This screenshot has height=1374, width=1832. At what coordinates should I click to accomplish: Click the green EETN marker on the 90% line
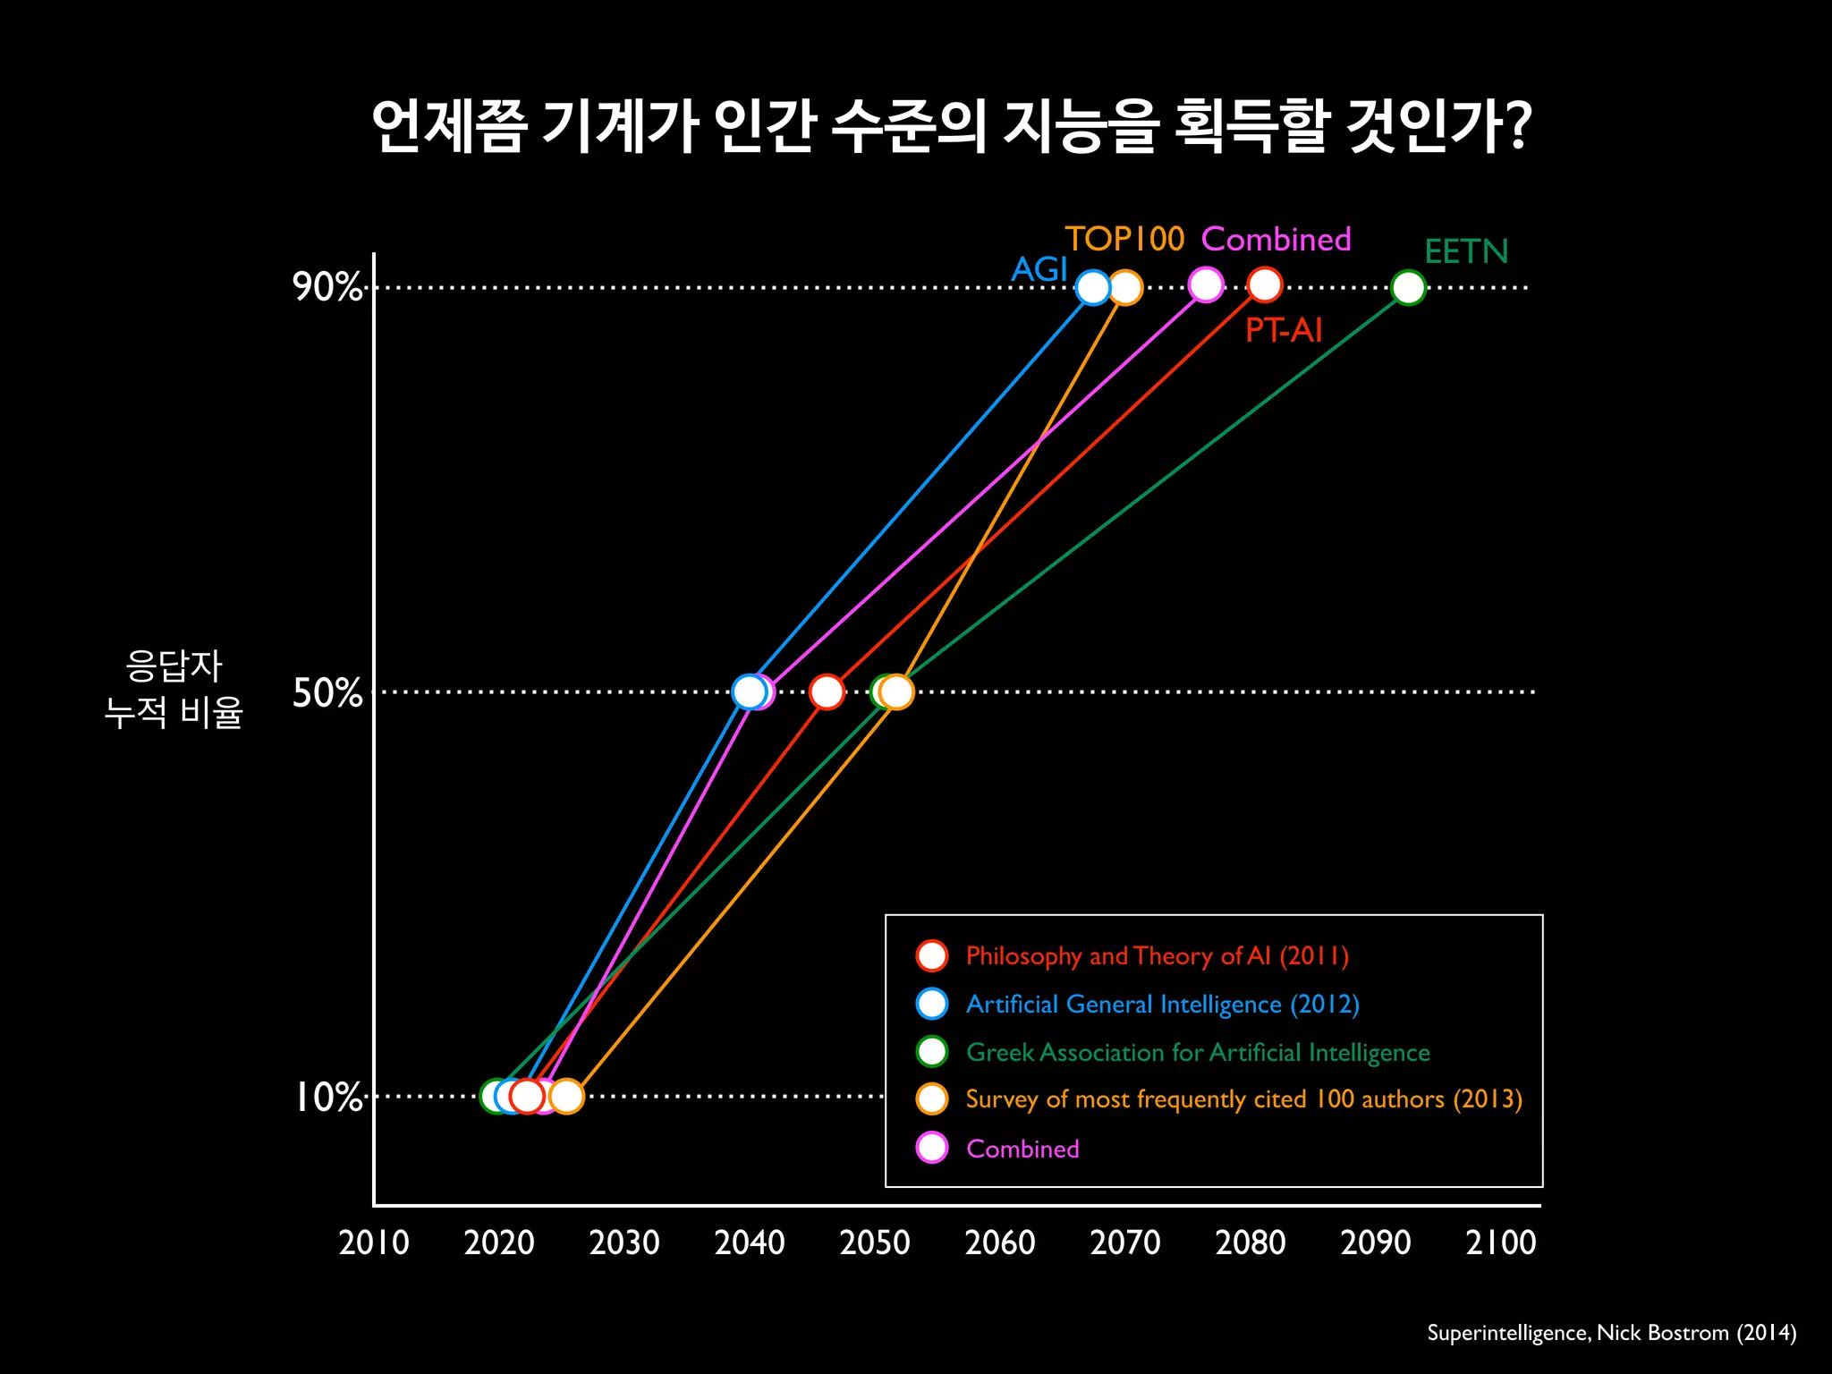pos(1408,288)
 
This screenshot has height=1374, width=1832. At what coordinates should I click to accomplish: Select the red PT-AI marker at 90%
pos(1264,285)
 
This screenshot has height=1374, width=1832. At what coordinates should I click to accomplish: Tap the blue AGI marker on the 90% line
pos(1093,288)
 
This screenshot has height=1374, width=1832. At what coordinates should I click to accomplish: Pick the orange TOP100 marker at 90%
pos(1125,288)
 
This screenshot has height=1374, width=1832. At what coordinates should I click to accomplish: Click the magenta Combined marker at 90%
pos(1206,285)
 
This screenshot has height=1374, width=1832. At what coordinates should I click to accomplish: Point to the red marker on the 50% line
pos(827,691)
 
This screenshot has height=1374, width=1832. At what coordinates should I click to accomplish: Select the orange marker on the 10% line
pos(566,1096)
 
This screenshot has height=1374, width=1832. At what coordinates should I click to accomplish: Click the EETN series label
pos(1465,252)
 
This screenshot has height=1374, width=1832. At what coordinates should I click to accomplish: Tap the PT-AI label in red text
pos(1283,331)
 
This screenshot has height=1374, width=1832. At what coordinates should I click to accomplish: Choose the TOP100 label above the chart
pos(1124,239)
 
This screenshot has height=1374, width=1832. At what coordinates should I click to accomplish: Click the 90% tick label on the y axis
pos(327,287)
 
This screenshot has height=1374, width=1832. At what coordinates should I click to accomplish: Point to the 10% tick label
pos(328,1097)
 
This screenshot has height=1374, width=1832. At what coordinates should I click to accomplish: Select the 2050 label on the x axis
pos(874,1243)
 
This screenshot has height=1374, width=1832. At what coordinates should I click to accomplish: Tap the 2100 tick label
pos(1500,1243)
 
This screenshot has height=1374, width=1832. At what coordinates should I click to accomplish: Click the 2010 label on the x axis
pos(374,1243)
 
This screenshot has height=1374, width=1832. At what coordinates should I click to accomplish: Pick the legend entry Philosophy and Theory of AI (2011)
pos(1157,956)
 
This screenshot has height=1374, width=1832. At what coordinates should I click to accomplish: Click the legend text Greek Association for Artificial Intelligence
pos(1198,1053)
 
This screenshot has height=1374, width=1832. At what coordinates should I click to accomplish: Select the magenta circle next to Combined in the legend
pos(932,1148)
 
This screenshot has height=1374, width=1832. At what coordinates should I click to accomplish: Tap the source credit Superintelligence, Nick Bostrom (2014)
pos(1611,1333)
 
